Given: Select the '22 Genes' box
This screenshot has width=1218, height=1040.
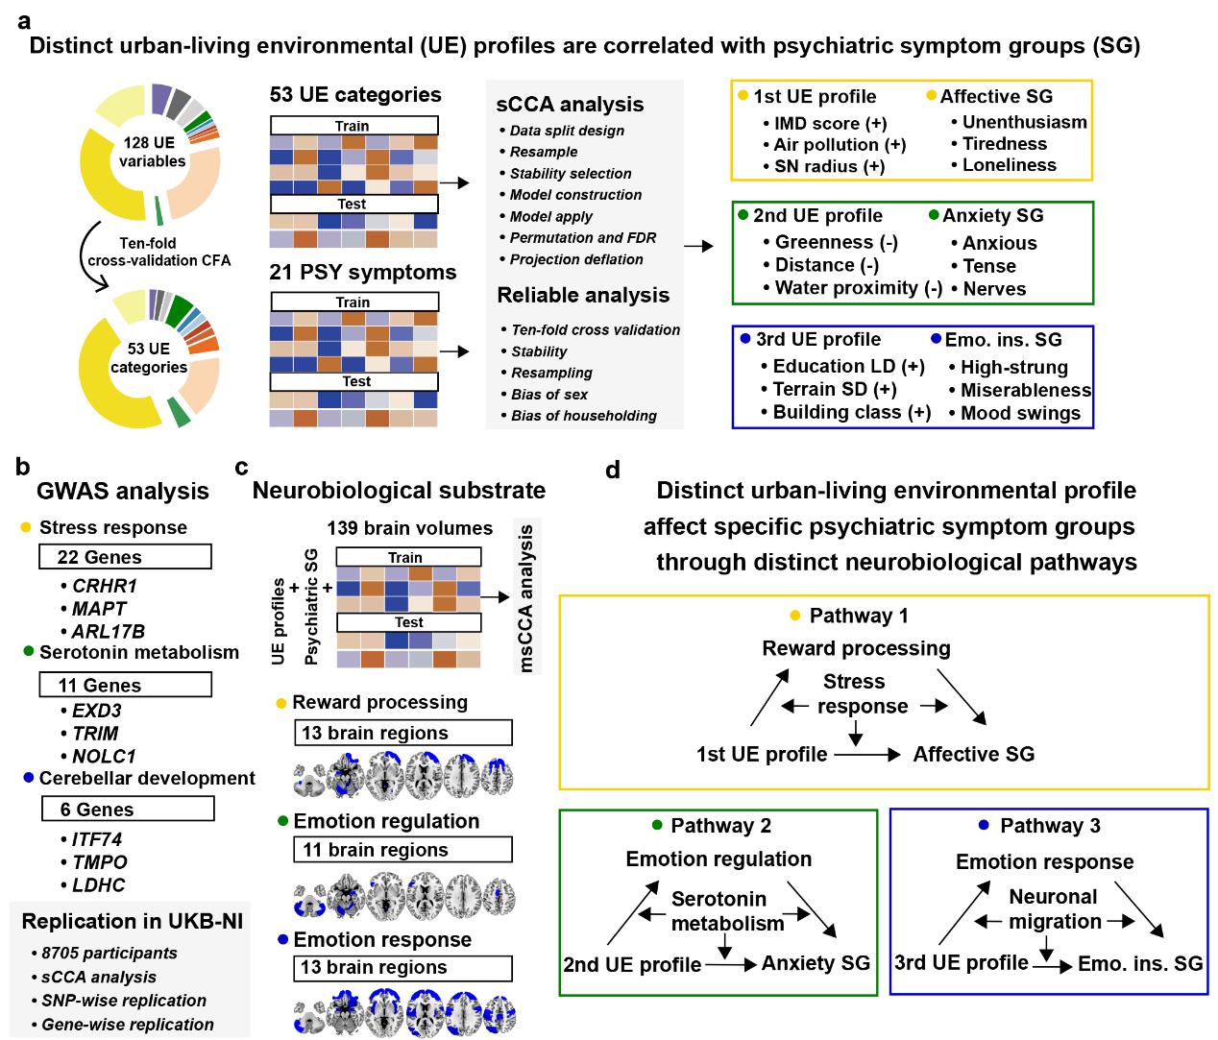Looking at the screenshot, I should coord(125,557).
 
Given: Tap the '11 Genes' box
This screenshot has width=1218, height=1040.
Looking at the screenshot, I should coord(125,685).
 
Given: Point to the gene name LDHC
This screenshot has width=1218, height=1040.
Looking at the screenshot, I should coord(98,885).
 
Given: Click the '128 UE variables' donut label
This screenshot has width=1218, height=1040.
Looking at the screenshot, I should coord(151,152).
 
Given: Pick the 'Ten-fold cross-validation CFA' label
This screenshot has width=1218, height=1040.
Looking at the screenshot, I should coord(158,252).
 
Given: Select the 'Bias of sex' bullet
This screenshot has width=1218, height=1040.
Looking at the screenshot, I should coord(549,395).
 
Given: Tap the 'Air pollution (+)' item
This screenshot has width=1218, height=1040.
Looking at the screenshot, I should coord(840,145).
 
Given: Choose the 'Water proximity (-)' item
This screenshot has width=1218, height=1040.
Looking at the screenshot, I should coord(858,288).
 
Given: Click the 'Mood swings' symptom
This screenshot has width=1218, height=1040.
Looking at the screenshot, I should coord(1020,414).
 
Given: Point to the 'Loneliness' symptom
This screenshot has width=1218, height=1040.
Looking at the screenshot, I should coord(1009,165).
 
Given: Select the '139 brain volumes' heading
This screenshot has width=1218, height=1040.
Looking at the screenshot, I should coord(409,528).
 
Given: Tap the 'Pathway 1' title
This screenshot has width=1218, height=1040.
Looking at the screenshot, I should coord(858,616).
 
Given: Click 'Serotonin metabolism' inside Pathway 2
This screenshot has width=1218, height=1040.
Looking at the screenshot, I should coord(726,911).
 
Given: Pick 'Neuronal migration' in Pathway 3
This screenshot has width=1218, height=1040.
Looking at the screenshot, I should coord(1053,909).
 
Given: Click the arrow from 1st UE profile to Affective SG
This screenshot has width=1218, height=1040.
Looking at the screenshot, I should coord(867,755).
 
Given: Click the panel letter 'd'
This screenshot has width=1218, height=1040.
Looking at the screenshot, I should coord(613,470).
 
